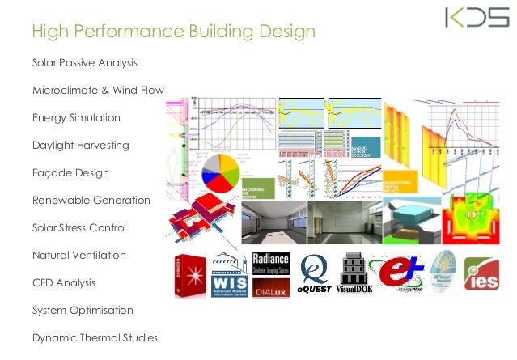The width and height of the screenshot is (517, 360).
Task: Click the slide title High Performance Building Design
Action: tap(172, 32)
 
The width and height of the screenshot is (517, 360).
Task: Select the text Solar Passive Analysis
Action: tap(85, 62)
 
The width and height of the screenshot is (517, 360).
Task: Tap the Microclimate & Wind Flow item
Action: tap(98, 90)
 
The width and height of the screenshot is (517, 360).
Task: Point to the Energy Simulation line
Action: tap(76, 117)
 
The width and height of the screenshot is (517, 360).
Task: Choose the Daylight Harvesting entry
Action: tap(80, 146)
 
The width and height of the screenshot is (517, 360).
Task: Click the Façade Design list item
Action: tap(70, 173)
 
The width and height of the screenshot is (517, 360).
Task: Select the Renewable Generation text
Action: tap(91, 200)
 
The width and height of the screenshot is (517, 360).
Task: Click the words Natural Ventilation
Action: tap(79, 255)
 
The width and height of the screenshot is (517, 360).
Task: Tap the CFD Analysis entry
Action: tap(64, 283)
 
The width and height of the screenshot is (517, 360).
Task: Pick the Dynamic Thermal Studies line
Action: tap(94, 337)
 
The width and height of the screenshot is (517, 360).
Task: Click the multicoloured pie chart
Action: tap(218, 174)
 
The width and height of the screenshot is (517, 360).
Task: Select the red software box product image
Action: tap(188, 275)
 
